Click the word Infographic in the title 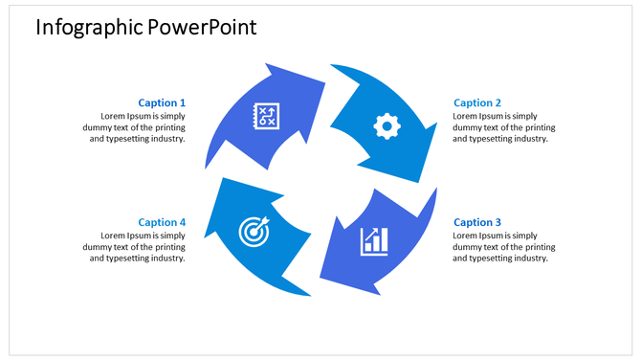(x=89, y=27)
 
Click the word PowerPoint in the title (x=202, y=27)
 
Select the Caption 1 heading (x=162, y=102)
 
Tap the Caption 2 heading (x=477, y=102)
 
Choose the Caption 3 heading (x=477, y=222)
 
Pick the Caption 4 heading (x=162, y=222)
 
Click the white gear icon (x=387, y=125)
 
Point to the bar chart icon (x=374, y=241)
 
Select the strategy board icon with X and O (x=265, y=116)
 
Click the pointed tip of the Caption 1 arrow (x=324, y=84)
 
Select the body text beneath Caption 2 (x=503, y=126)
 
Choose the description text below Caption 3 (x=503, y=246)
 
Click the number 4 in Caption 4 (x=182, y=222)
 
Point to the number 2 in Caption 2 (x=497, y=102)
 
